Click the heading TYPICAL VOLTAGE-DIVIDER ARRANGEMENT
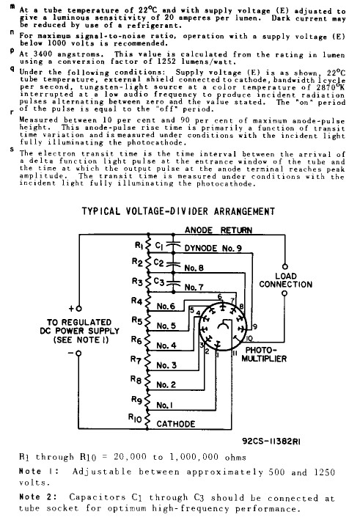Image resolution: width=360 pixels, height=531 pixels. tap(179, 212)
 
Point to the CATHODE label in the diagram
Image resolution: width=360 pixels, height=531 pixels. tap(181, 424)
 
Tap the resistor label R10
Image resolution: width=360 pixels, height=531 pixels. tap(135, 417)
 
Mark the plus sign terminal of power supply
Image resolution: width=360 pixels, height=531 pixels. tap(70, 308)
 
